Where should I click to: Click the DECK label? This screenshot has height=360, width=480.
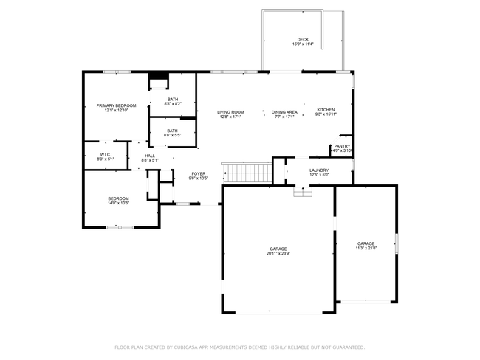coord(303,39)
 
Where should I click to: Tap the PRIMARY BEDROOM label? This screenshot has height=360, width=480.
coord(117,105)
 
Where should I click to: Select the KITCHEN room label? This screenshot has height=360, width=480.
coord(326,109)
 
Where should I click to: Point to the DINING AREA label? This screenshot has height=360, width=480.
coord(284,111)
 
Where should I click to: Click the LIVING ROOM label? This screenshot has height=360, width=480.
coord(230,111)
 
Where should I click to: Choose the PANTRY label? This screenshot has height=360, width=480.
coord(342,146)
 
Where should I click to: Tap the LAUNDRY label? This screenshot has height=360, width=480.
coord(319,170)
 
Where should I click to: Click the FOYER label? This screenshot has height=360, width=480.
coord(199,173)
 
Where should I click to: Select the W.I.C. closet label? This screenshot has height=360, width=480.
coord(106,154)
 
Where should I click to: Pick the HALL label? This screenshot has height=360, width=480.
coord(150,156)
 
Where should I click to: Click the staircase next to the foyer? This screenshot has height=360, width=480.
coord(248,173)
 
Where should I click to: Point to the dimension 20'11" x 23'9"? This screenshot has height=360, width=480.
coord(278,254)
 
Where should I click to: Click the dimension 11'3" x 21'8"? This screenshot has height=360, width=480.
coord(366,248)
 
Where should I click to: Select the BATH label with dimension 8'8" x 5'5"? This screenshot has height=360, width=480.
coord(172,131)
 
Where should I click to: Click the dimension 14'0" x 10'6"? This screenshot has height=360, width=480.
coord(119,203)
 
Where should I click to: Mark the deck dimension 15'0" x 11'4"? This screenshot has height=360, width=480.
coord(303,44)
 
